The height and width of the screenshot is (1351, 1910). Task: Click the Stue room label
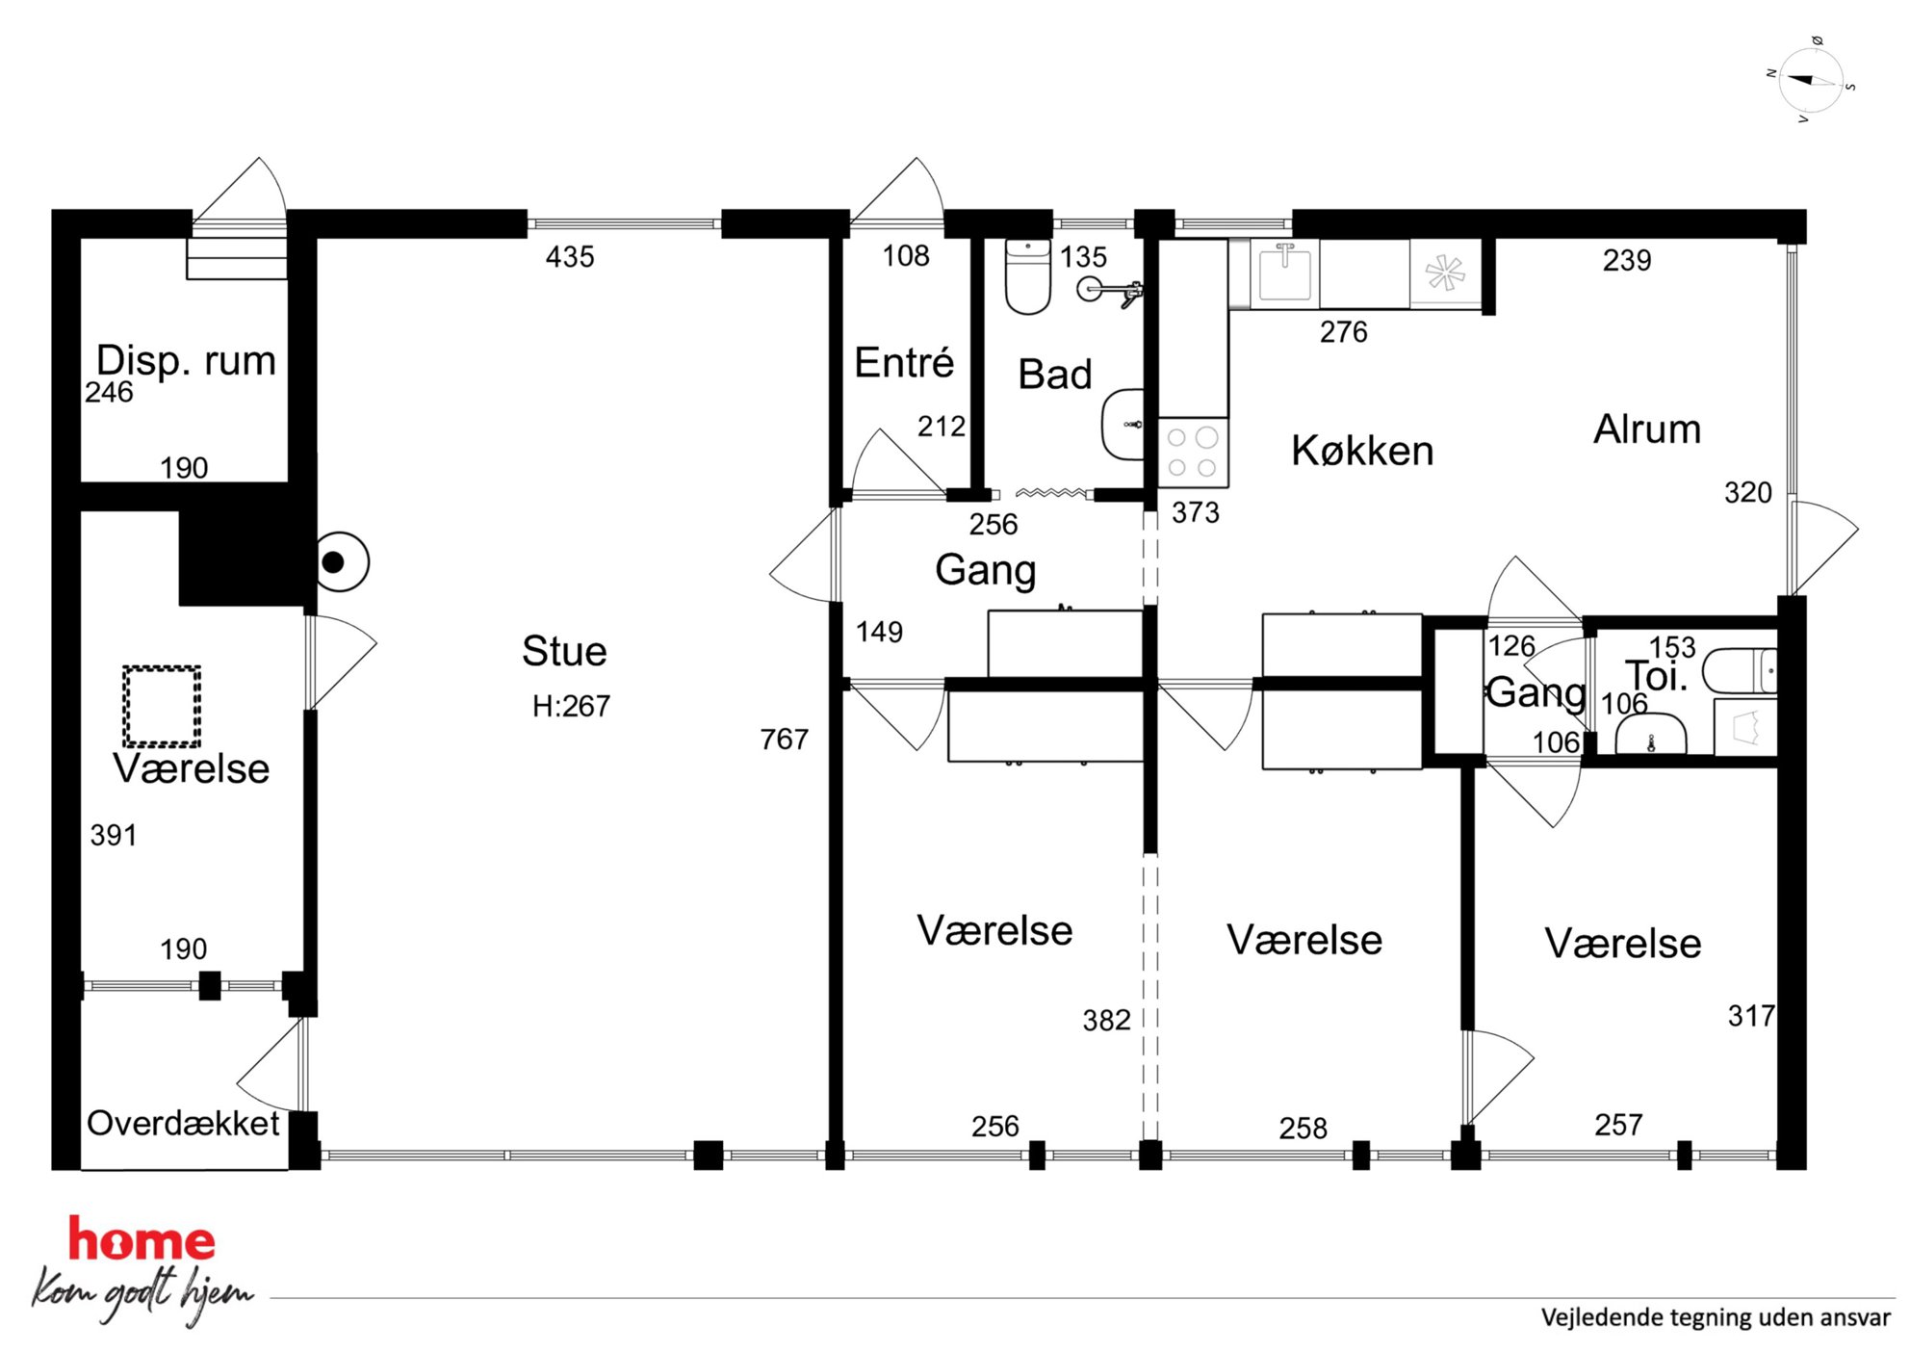click(x=564, y=652)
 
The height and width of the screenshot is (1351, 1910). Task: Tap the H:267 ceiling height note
click(x=571, y=707)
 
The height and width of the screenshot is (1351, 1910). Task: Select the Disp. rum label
click(x=186, y=361)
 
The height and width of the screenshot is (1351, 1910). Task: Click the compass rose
click(x=1811, y=81)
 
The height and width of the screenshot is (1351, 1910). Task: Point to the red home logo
click(x=142, y=1239)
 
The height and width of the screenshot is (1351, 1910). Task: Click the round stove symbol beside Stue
click(x=340, y=562)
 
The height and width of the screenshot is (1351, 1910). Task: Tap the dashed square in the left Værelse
click(x=162, y=706)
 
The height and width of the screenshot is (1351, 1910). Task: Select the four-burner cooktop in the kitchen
click(x=1193, y=453)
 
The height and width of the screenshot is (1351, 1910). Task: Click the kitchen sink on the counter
click(x=1285, y=273)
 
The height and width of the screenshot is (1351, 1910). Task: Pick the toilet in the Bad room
click(x=1028, y=276)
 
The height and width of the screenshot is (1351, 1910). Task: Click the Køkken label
click(x=1362, y=451)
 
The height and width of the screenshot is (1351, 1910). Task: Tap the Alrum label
click(x=1647, y=429)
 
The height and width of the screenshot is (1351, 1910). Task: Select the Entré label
click(x=904, y=363)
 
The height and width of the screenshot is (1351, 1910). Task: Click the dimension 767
click(x=784, y=740)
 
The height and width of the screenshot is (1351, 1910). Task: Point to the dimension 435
click(x=570, y=257)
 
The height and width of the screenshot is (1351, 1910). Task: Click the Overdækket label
click(x=183, y=1124)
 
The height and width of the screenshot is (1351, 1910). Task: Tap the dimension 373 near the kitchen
click(x=1195, y=512)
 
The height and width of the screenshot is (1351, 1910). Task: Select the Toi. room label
click(x=1656, y=676)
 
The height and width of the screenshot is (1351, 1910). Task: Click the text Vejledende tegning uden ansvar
click(x=1716, y=1317)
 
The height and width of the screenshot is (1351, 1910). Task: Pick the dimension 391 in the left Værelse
click(x=114, y=835)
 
